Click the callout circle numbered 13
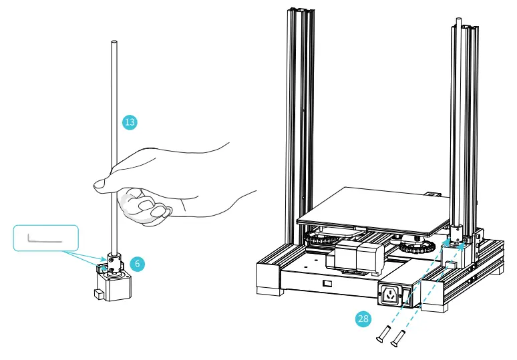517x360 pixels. (130, 122)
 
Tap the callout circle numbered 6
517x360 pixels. (137, 264)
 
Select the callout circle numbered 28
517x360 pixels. (363, 319)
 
